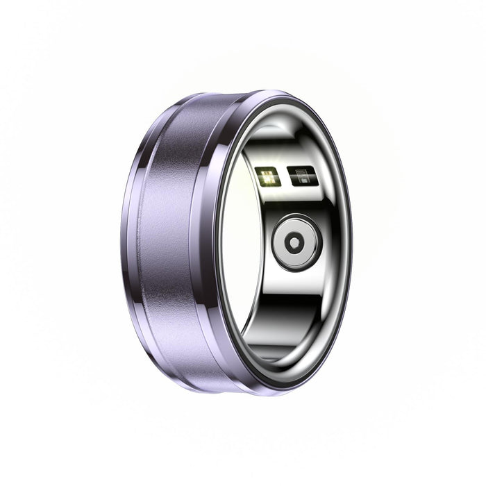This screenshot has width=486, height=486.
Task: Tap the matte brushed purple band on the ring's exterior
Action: click(x=170, y=243)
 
